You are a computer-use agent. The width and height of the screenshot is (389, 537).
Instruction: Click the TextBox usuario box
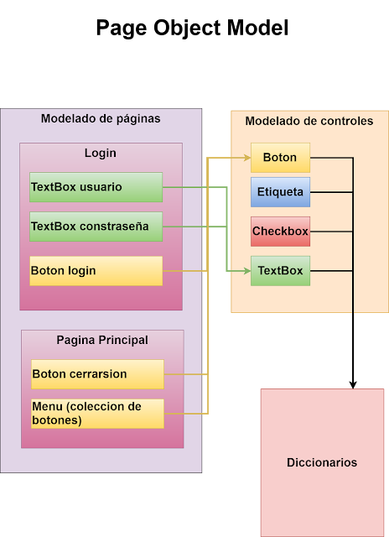96,187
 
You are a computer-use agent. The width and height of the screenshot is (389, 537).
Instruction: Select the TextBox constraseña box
96,227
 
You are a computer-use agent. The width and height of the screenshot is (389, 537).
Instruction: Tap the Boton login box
96,271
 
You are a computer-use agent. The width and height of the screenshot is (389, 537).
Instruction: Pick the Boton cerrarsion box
97,374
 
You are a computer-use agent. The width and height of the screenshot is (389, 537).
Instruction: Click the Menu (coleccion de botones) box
97,414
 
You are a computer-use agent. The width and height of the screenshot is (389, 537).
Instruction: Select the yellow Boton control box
280,158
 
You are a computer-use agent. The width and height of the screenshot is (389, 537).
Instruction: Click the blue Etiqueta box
280,192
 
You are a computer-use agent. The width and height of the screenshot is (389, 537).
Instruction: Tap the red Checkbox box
280,231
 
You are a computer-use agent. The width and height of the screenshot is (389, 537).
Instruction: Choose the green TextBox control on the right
280,271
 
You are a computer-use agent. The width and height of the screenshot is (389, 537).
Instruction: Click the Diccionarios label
322,462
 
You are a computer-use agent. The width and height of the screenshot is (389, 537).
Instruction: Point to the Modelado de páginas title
101,119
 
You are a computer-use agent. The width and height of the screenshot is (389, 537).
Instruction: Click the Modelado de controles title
309,122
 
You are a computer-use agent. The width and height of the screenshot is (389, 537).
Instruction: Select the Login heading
101,154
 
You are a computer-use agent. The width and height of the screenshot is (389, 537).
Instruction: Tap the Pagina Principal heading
102,340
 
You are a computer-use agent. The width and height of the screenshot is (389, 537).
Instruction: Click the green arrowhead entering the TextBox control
246,271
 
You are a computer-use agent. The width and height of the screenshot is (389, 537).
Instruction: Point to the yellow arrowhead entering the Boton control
246,158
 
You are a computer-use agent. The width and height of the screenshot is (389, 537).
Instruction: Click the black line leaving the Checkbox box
331,231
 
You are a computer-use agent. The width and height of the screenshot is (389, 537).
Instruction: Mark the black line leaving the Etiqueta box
331,192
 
